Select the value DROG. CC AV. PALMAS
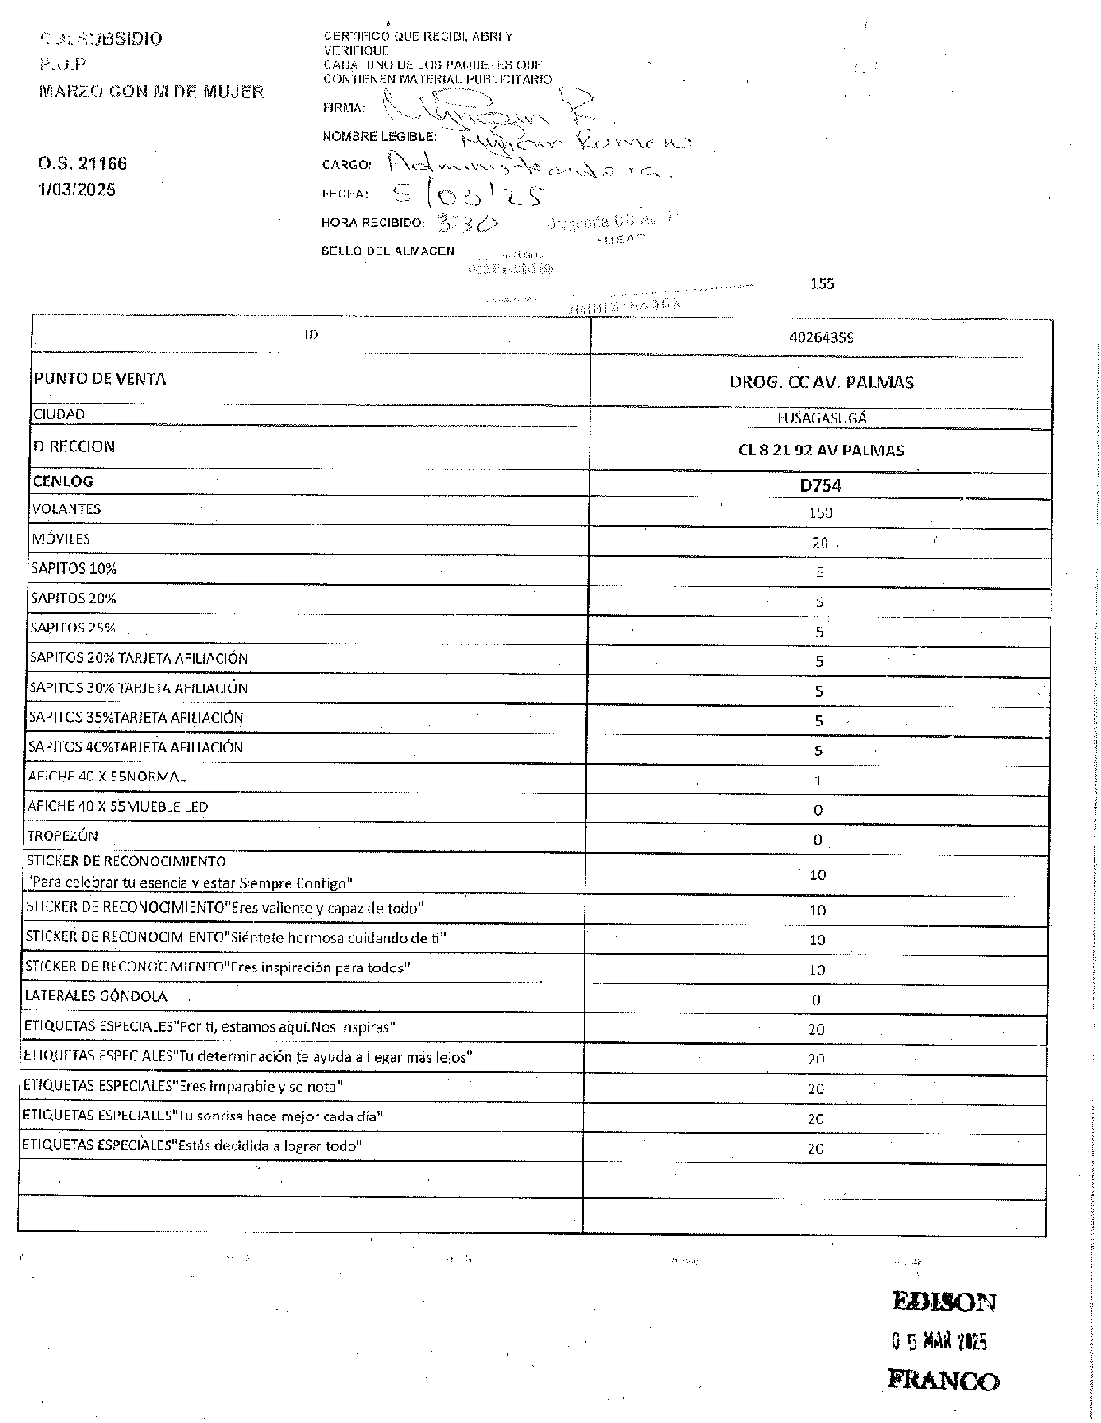(821, 383)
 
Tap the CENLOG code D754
(821, 485)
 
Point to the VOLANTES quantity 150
(820, 512)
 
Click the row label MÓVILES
(60, 539)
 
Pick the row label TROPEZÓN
(62, 836)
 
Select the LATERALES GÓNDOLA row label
(96, 996)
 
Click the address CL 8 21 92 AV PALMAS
(821, 451)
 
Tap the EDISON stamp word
(944, 1302)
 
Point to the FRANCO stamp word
(943, 1381)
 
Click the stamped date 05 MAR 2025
(938, 1342)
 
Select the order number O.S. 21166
(82, 164)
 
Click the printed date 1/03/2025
(77, 190)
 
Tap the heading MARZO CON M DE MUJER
(152, 91)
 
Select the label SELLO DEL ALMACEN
(388, 251)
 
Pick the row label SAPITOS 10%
(74, 569)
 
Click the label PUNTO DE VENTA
(101, 379)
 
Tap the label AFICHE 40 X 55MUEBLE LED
(117, 806)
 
